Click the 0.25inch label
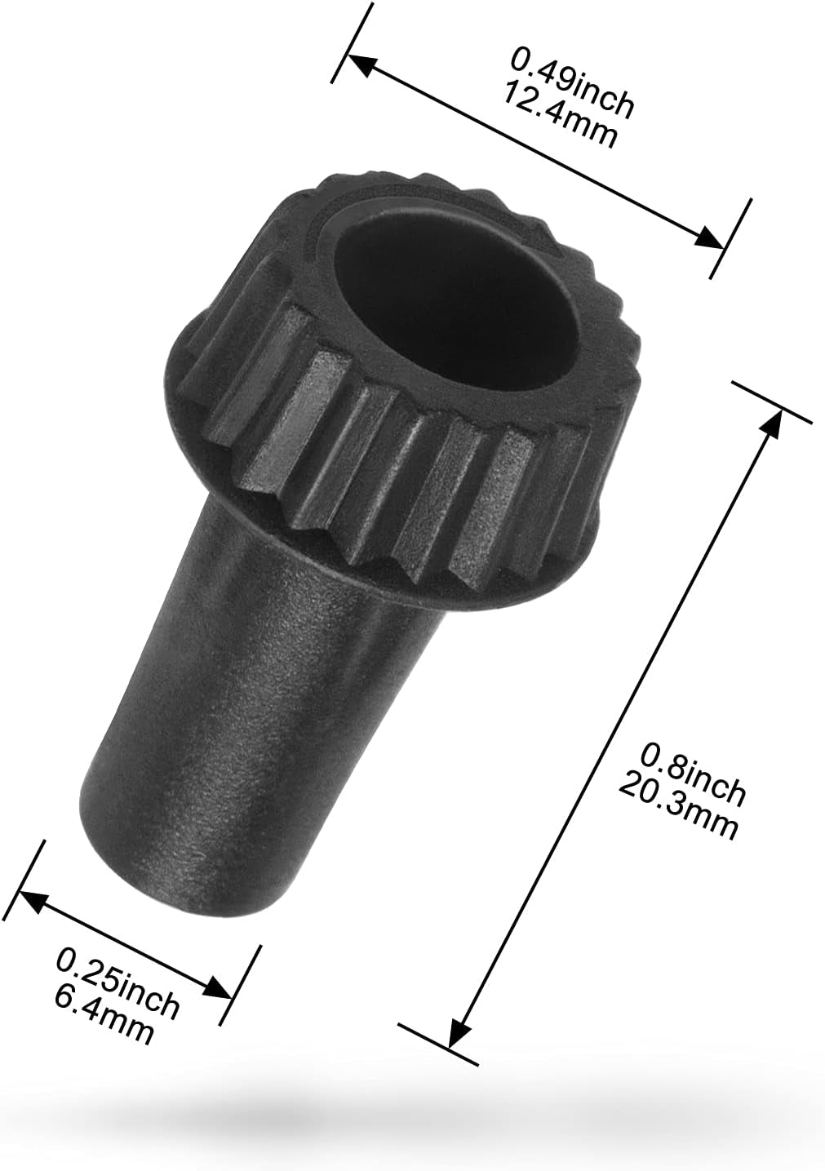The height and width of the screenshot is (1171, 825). [x=118, y=982]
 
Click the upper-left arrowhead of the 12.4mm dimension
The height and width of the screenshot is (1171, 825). [x=359, y=64]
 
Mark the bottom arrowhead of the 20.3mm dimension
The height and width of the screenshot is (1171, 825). [x=457, y=1034]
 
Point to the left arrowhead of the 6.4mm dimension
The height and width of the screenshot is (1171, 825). [x=29, y=898]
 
